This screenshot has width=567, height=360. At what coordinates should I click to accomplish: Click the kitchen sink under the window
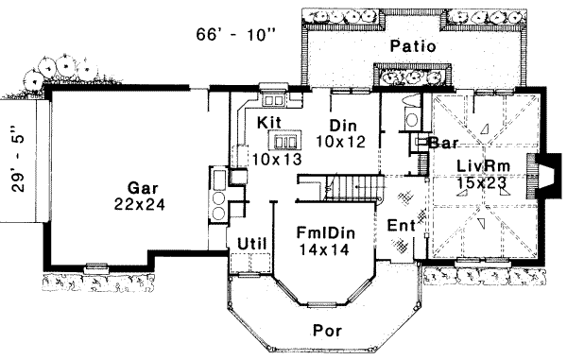[x=273, y=97]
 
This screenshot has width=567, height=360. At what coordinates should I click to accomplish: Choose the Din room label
[x=342, y=125]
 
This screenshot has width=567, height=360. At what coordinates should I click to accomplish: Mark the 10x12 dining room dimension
[x=340, y=141]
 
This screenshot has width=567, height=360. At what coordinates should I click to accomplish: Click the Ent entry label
[x=402, y=226]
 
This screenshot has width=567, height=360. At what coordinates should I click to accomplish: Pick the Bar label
[x=443, y=144]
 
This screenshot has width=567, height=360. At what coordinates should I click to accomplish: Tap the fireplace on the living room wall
[x=541, y=172]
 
